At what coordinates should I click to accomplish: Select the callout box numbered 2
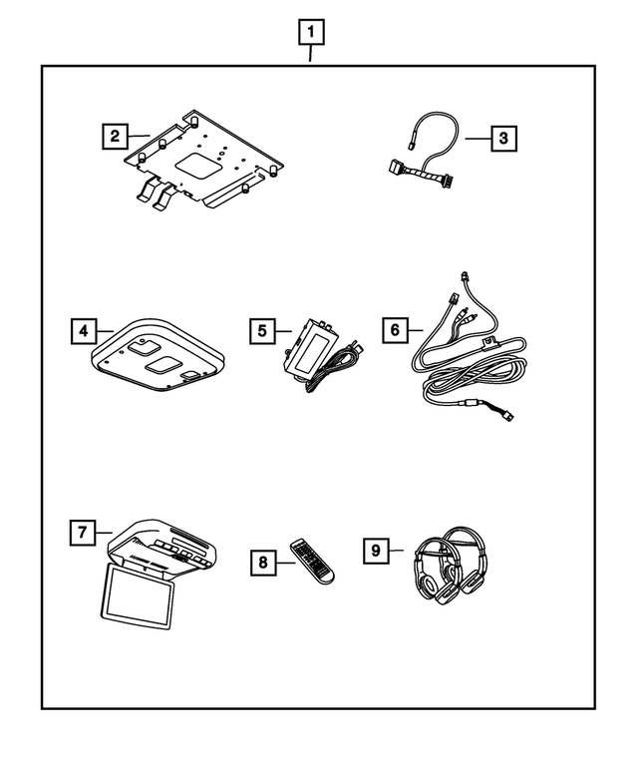pyautogui.click(x=116, y=136)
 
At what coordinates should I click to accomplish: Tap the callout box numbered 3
pyautogui.click(x=504, y=138)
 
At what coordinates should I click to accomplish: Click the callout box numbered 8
pyautogui.click(x=264, y=563)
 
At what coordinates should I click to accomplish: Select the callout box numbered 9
pyautogui.click(x=376, y=549)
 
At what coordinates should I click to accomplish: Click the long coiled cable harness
pyautogui.click(x=469, y=369)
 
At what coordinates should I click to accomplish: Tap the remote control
pyautogui.click(x=312, y=562)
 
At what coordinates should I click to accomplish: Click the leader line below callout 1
pyautogui.click(x=311, y=56)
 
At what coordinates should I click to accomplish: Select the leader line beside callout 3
pyautogui.click(x=477, y=138)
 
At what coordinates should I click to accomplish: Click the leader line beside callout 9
pyautogui.click(x=397, y=549)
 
